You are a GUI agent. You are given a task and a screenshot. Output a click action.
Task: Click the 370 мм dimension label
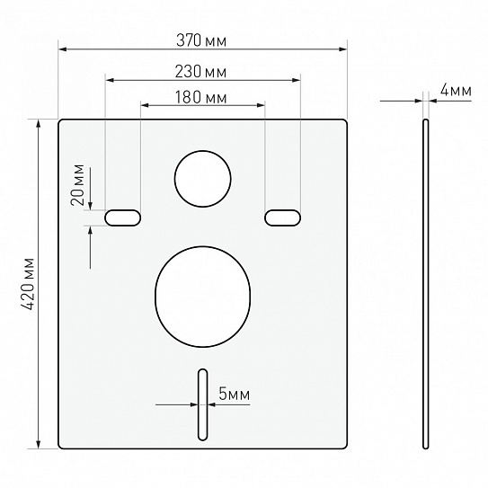click(x=201, y=40)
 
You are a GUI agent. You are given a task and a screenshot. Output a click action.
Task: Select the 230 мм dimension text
click(x=200, y=72)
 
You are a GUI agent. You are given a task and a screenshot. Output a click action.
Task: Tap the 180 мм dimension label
click(x=201, y=97)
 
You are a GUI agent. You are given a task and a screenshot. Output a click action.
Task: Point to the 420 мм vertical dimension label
click(x=27, y=283)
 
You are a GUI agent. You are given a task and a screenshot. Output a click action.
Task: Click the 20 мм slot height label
click(x=78, y=185)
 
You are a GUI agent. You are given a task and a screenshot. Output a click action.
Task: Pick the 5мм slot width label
click(x=235, y=394)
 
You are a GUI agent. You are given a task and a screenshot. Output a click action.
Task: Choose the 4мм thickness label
click(x=456, y=90)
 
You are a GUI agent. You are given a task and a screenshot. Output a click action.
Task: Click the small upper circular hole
click(x=202, y=179)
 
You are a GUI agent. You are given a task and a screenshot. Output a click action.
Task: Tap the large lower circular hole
click(x=202, y=297)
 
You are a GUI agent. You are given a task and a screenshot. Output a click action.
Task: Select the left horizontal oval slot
click(x=122, y=217)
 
